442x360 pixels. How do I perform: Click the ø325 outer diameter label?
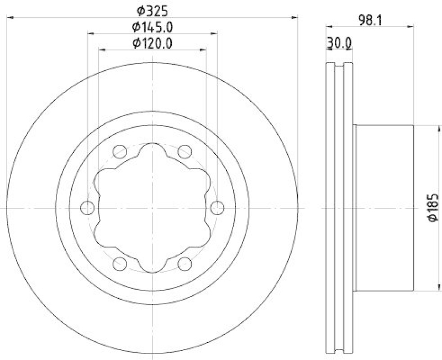coord(152,10)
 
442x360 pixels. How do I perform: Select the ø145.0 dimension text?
coord(152,26)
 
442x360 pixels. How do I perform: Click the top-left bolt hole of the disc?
coord(119,151)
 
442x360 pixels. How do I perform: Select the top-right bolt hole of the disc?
coord(185,151)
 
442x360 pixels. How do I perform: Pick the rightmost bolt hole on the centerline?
coord(218,208)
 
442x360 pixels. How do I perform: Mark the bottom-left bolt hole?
coord(119,264)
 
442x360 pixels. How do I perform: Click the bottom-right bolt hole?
coord(185,264)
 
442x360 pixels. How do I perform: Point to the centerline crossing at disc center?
coord(152,208)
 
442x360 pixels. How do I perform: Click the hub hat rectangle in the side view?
coord(384,208)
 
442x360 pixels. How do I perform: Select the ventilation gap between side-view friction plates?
coord(339,208)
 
